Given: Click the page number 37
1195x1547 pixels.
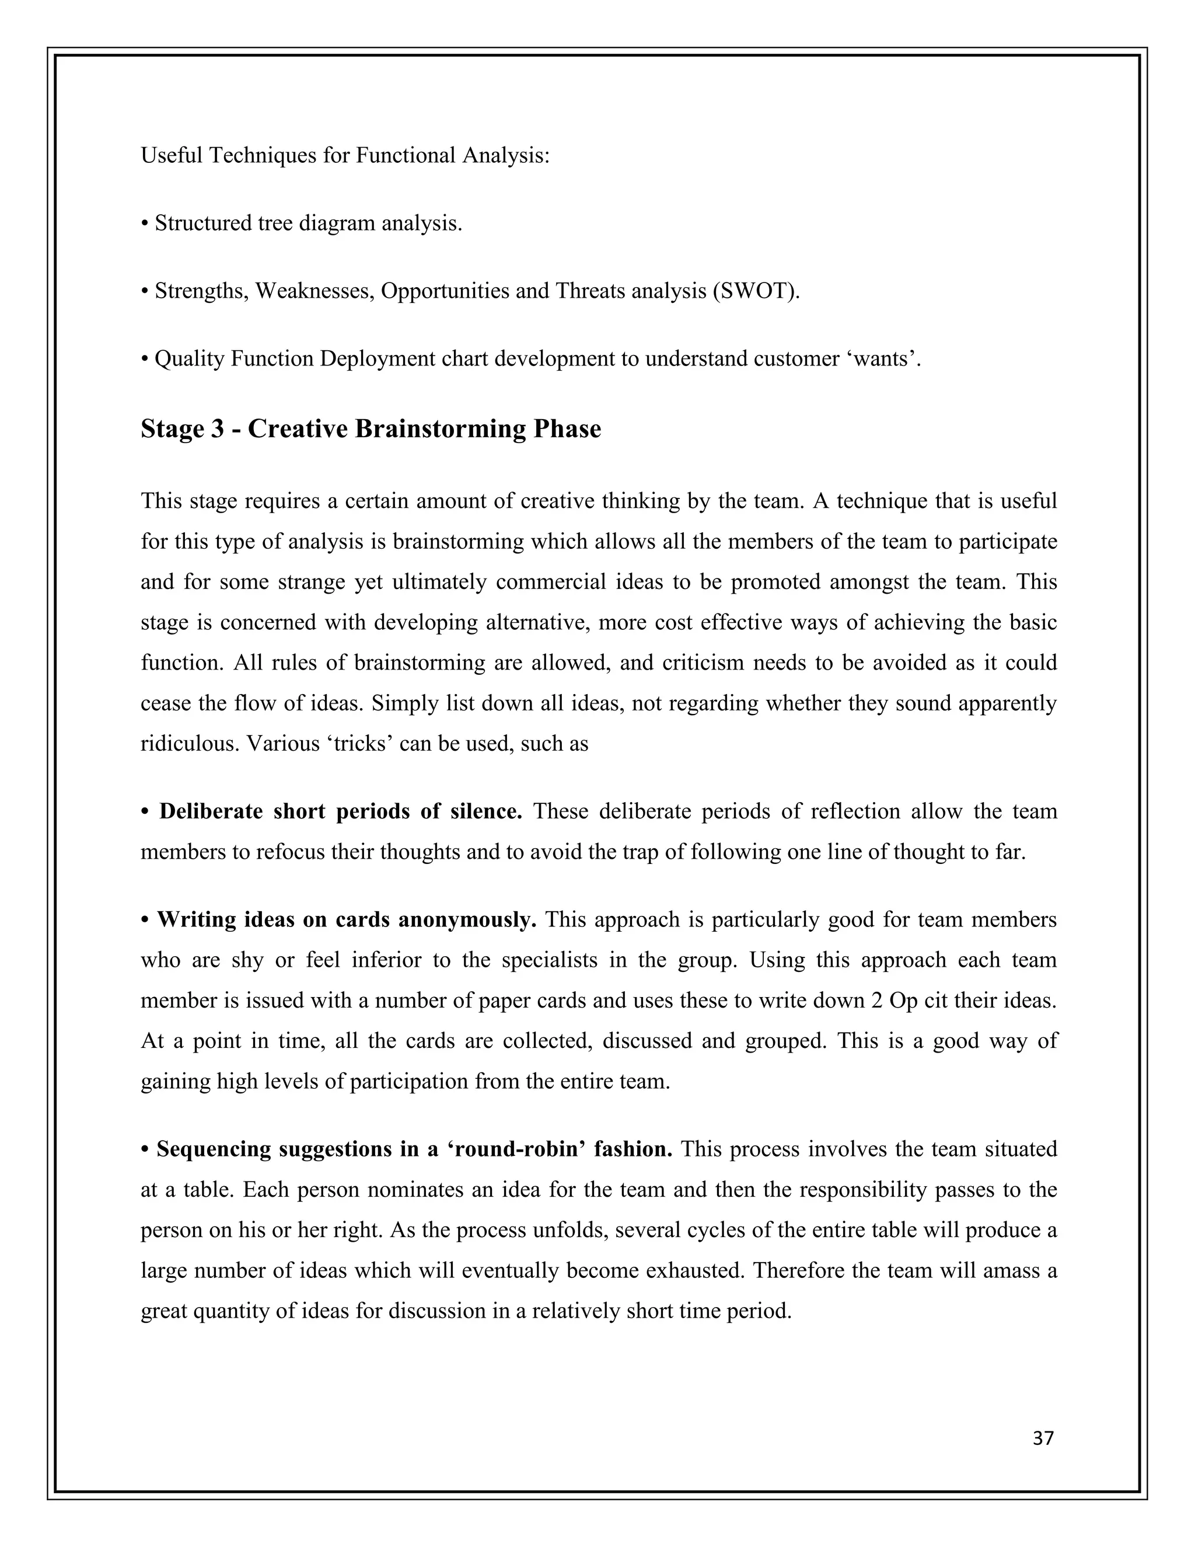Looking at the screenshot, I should point(1043,1438).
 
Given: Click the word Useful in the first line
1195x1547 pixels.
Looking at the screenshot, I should point(172,155).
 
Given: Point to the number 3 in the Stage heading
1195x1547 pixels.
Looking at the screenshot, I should point(217,429).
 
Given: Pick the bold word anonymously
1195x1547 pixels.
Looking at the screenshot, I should point(467,919).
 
